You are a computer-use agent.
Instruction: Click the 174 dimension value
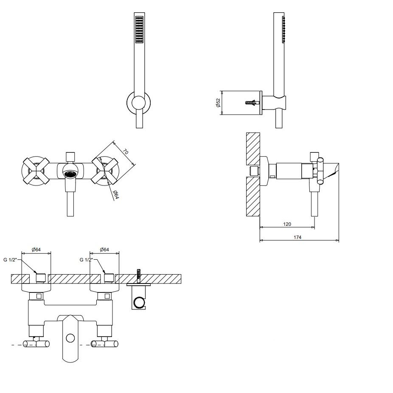(297, 237)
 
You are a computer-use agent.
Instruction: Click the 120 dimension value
(287, 223)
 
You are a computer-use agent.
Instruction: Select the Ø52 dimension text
(218, 103)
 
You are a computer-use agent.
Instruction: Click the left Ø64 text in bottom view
(36, 250)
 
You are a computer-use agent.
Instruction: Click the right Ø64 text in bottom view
(104, 250)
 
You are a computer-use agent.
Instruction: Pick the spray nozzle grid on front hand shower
(139, 30)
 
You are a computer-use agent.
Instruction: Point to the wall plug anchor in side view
(252, 103)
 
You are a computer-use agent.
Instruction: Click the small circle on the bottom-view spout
(70, 338)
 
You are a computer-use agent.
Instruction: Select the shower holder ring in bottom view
(139, 303)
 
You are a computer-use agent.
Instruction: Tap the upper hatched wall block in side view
(253, 149)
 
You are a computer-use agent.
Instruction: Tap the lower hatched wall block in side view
(253, 197)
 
